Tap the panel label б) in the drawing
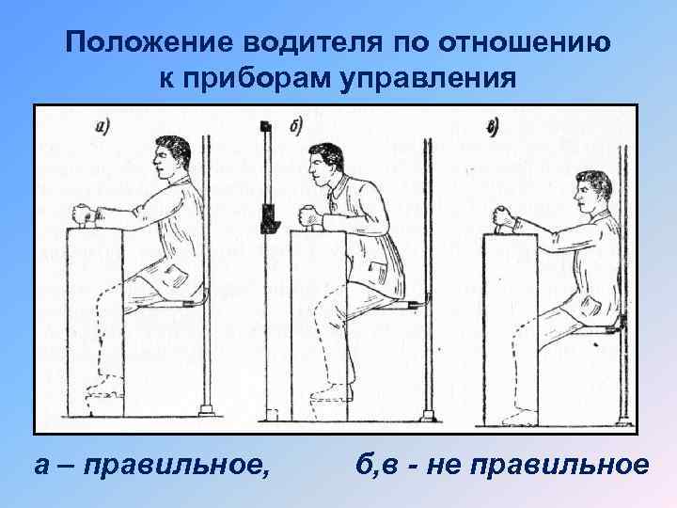pos(296,127)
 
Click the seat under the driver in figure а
pos(180,305)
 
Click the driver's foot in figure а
pos(103,388)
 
